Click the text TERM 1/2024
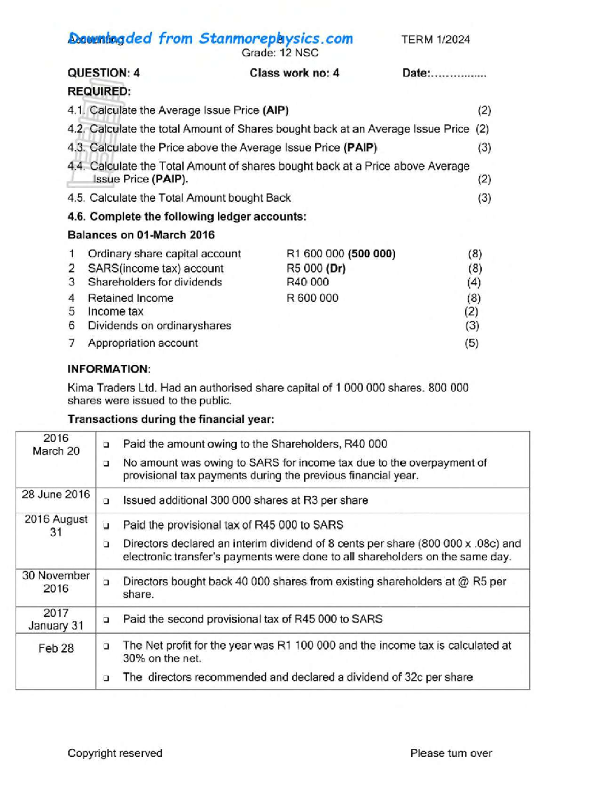(435, 40)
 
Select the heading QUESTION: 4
(104, 73)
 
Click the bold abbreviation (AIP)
(275, 110)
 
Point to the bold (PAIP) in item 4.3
(360, 148)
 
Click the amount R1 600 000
(315, 254)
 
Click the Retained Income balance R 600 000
(312, 298)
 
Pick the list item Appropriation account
(143, 343)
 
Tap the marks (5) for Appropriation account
(471, 343)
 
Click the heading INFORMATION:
(109, 369)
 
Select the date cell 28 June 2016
(56, 494)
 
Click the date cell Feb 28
(56, 648)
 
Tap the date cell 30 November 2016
(56, 582)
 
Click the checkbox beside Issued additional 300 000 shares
(106, 501)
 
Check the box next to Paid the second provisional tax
(106, 620)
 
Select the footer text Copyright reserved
(115, 753)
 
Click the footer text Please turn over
(451, 753)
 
